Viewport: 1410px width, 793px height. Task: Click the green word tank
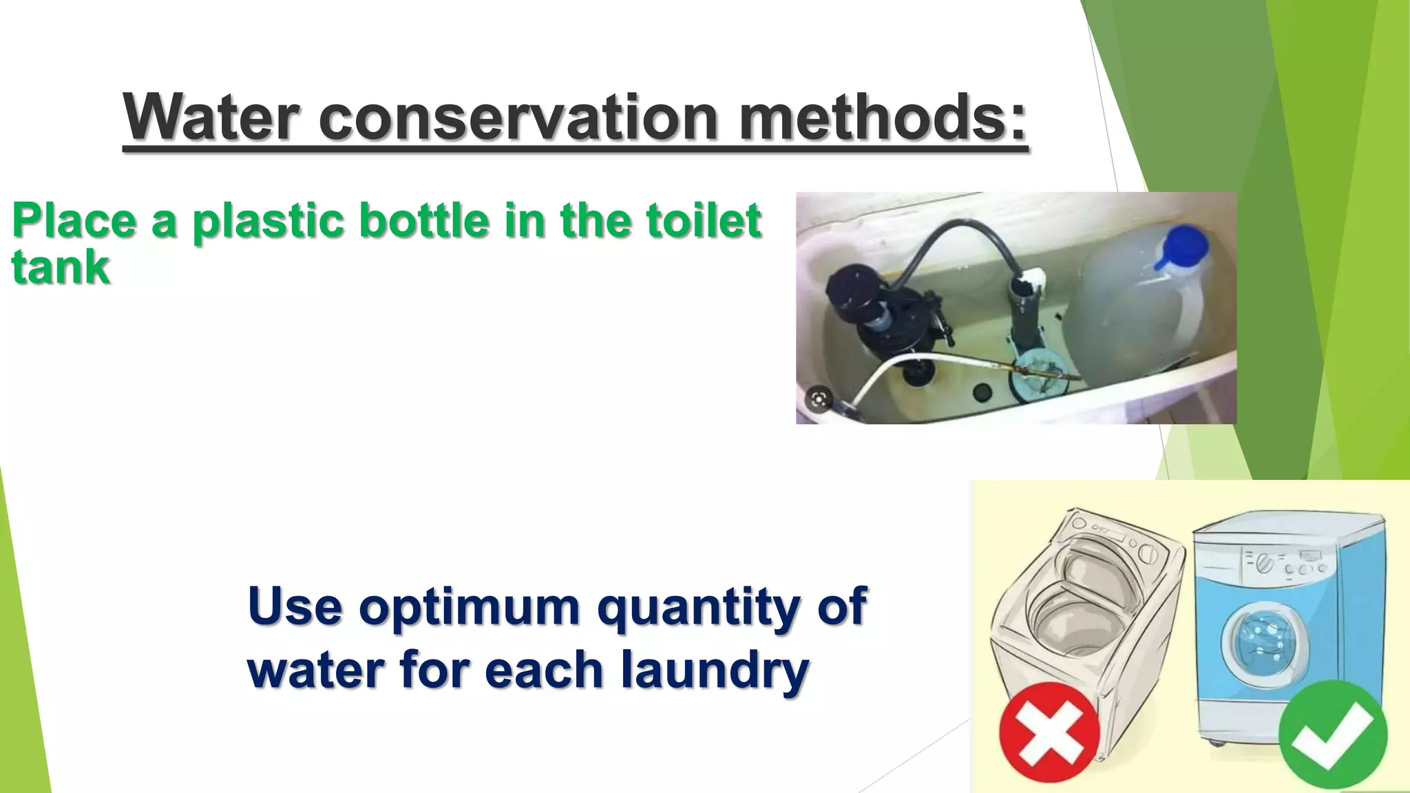tap(61, 267)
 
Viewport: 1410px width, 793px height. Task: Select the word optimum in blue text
tap(469, 606)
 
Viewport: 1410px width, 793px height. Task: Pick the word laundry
tap(715, 670)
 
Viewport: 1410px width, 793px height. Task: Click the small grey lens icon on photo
tap(819, 399)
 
